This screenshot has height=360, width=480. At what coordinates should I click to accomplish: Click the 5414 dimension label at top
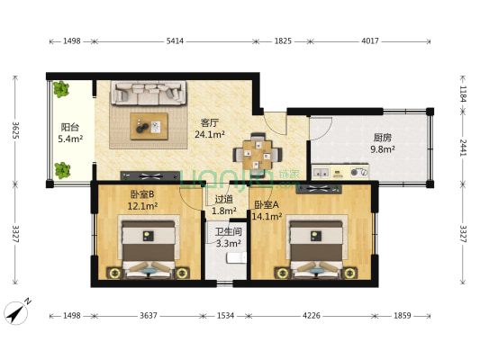tap(175, 41)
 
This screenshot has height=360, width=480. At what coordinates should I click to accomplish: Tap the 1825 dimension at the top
tap(283, 41)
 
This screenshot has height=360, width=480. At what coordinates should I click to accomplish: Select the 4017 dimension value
tap(370, 41)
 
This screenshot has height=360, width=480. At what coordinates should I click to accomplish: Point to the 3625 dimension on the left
tap(16, 130)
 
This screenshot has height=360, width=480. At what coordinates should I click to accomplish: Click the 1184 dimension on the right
tap(464, 94)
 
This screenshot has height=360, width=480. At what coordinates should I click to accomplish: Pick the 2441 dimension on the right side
tap(464, 148)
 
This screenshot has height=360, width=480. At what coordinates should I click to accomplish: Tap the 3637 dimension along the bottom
tap(149, 315)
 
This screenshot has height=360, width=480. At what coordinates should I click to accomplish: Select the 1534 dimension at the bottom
tap(226, 315)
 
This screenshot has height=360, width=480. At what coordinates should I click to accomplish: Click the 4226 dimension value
tap(312, 315)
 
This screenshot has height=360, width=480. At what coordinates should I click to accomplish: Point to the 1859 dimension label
tap(403, 315)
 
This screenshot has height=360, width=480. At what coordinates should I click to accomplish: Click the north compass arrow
tap(16, 312)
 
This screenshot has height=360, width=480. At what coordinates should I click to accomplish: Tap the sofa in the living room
tap(149, 93)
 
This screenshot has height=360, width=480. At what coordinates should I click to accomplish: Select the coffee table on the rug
tap(149, 126)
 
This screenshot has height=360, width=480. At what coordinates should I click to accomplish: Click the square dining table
tap(258, 155)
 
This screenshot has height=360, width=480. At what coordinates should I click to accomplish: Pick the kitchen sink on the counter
tap(321, 173)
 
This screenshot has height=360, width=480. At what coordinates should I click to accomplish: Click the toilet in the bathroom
tap(236, 257)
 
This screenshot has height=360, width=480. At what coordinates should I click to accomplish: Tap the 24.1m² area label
tap(210, 134)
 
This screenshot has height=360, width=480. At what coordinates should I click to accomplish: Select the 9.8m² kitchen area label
tap(383, 149)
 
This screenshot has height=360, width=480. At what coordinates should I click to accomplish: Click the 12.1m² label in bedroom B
tap(142, 206)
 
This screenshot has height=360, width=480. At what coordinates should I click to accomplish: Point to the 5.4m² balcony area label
tap(70, 139)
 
